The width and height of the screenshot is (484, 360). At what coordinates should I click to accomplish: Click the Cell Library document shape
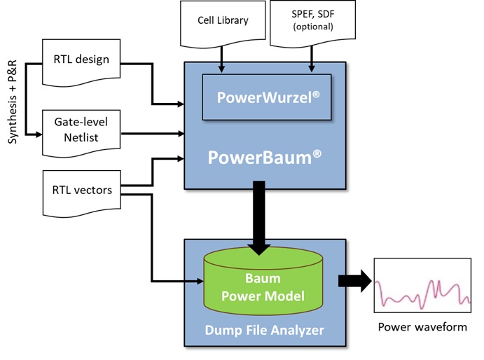pyautogui.click(x=221, y=22)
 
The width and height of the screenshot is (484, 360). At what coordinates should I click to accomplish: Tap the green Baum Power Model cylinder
pyautogui.click(x=263, y=287)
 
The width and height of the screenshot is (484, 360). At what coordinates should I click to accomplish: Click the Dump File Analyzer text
pyautogui.click(x=264, y=327)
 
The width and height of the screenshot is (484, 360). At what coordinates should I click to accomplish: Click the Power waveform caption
pyautogui.click(x=422, y=327)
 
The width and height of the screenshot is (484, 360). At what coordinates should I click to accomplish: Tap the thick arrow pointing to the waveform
pyautogui.click(x=353, y=281)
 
